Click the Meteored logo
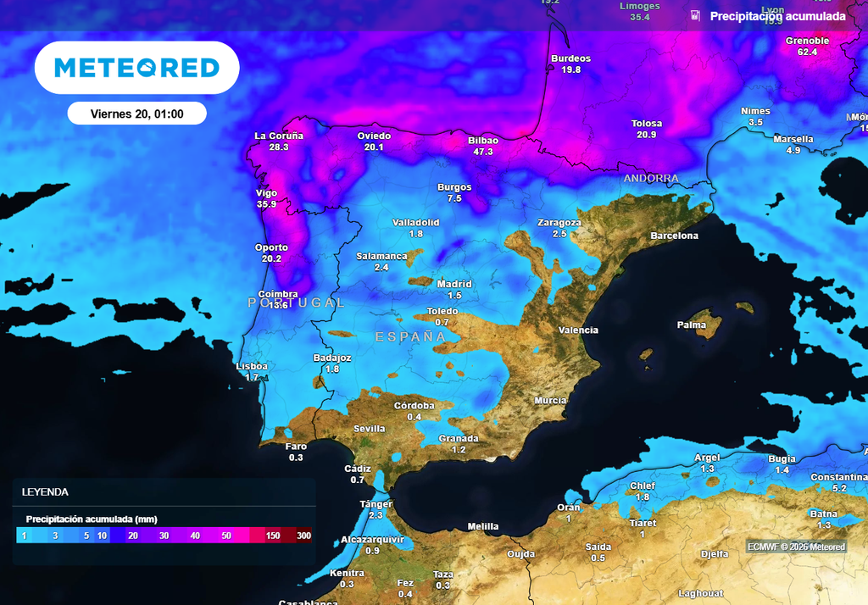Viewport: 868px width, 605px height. (136, 68)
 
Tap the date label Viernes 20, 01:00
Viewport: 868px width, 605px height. (136, 114)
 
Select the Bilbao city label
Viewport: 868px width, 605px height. (483, 141)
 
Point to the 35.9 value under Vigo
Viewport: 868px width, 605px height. (267, 204)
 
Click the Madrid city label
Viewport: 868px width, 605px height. (454, 284)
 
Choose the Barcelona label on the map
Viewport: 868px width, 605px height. (674, 236)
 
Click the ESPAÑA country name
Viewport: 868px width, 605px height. (410, 337)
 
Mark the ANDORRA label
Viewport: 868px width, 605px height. (651, 179)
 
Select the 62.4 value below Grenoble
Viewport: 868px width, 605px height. (807, 52)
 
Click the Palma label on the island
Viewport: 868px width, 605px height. (692, 325)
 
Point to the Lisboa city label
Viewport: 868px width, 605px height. (252, 366)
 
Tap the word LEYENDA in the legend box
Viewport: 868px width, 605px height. (45, 491)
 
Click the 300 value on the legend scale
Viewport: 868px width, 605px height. (303, 536)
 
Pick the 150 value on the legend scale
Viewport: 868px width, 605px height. (273, 536)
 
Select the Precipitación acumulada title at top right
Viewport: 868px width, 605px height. (777, 16)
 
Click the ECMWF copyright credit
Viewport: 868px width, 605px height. (796, 547)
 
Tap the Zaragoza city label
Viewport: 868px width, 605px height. (559, 223)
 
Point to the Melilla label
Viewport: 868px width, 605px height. (483, 526)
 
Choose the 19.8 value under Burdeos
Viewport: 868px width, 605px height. (571, 69)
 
